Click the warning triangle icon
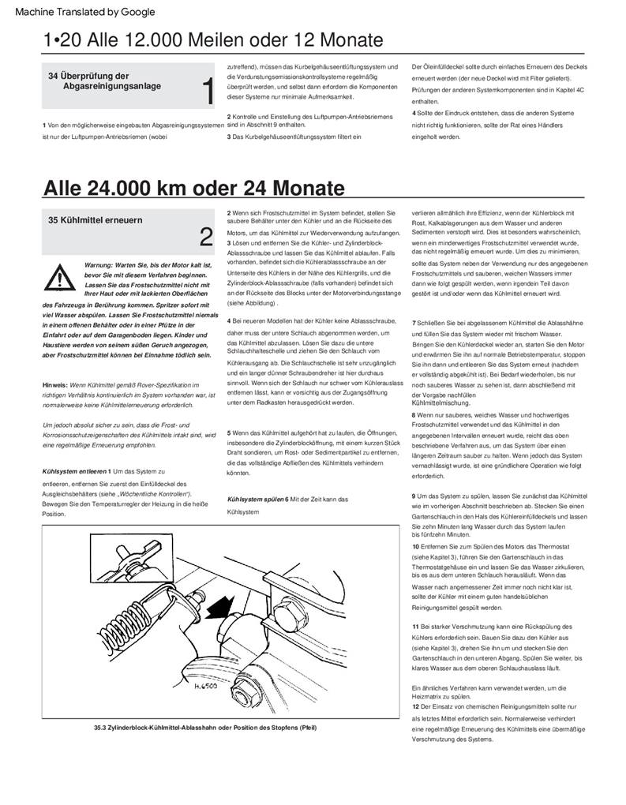click(x=58, y=277)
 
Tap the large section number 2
click(x=206, y=236)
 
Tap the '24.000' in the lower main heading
click(x=127, y=188)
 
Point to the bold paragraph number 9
click(x=414, y=495)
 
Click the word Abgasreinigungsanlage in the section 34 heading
click(x=112, y=85)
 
